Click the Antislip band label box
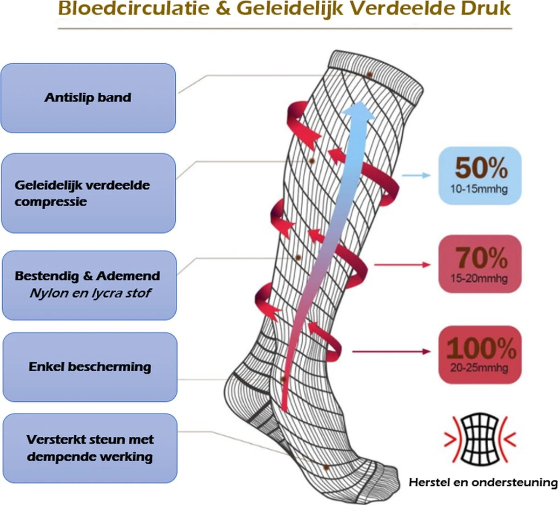tap(88, 98)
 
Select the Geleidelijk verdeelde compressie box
tap(88, 193)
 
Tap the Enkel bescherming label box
tap(90, 367)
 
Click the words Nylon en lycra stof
tap(90, 294)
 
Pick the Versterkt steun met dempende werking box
tap(90, 448)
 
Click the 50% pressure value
tap(481, 168)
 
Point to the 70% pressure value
tap(481, 257)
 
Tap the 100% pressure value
tap(481, 348)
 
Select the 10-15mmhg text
tap(478, 190)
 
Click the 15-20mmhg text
tap(478, 279)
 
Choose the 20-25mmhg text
tap(479, 368)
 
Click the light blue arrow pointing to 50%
tap(416, 176)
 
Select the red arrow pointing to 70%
tap(403, 265)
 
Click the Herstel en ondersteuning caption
tap(483, 483)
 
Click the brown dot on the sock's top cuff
tap(369, 74)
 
